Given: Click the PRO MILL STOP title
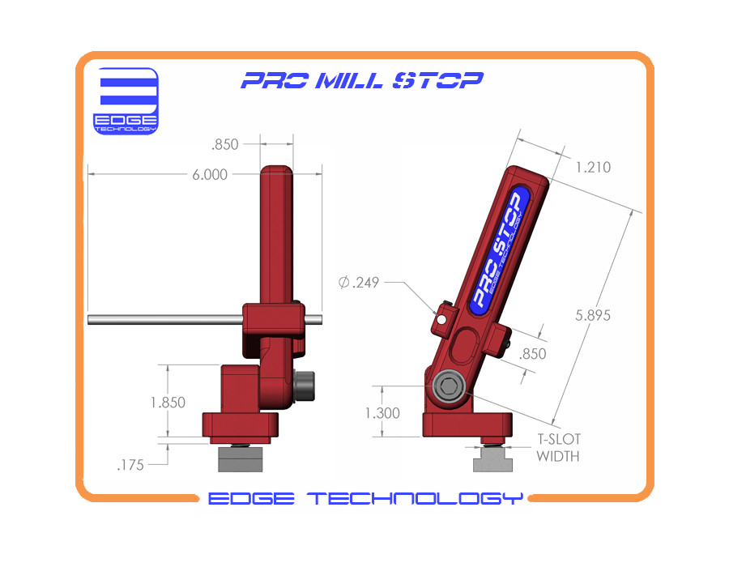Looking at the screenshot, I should pos(363,80).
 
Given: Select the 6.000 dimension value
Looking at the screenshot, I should pos(210,174).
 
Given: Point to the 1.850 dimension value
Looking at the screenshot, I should pos(168,403).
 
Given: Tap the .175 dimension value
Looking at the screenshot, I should pos(131,465).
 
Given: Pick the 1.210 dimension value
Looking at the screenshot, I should pos(593,168).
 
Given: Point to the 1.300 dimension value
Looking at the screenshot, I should pos(382,412).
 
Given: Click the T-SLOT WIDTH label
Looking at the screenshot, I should pos(559,448).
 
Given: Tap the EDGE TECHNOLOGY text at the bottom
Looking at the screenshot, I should pos(364,498).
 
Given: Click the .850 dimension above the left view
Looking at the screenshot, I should pos(224,145).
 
